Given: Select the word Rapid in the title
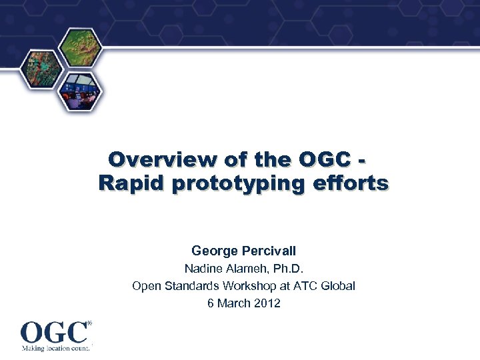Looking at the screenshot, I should pos(131,183).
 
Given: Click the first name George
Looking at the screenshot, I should pos(214,251).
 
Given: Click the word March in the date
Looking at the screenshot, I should pos(235,303).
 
